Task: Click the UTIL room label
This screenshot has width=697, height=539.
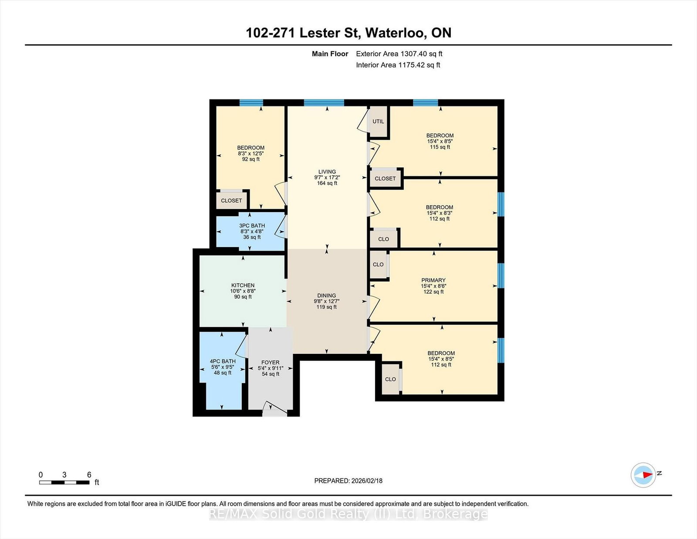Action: pyautogui.click(x=378, y=122)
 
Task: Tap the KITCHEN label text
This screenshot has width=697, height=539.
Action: pyautogui.click(x=243, y=285)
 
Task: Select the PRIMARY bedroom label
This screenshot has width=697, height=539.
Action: pyautogui.click(x=433, y=280)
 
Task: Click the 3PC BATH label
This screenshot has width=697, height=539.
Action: pyautogui.click(x=252, y=226)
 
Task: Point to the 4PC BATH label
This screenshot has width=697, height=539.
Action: pyautogui.click(x=223, y=361)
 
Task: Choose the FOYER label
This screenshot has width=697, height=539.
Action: pyautogui.click(x=270, y=363)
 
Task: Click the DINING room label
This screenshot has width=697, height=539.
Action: pyautogui.click(x=326, y=295)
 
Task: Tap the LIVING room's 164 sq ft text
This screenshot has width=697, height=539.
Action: pyautogui.click(x=327, y=183)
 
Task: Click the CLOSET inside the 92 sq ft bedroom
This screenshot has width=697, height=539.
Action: pyautogui.click(x=231, y=201)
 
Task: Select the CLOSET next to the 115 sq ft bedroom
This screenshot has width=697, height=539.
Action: pyautogui.click(x=385, y=179)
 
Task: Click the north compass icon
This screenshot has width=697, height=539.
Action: pyautogui.click(x=643, y=475)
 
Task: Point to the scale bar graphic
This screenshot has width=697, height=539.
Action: pyautogui.click(x=64, y=482)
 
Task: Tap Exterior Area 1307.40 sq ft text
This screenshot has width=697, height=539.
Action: pyautogui.click(x=399, y=54)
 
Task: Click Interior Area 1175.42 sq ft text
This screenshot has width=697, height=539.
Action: pyautogui.click(x=398, y=65)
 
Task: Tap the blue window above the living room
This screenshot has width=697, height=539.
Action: pyautogui.click(x=324, y=103)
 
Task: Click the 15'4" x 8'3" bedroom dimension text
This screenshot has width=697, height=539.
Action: pyautogui.click(x=439, y=213)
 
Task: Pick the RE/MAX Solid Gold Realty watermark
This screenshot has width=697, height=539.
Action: pyautogui.click(x=348, y=514)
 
